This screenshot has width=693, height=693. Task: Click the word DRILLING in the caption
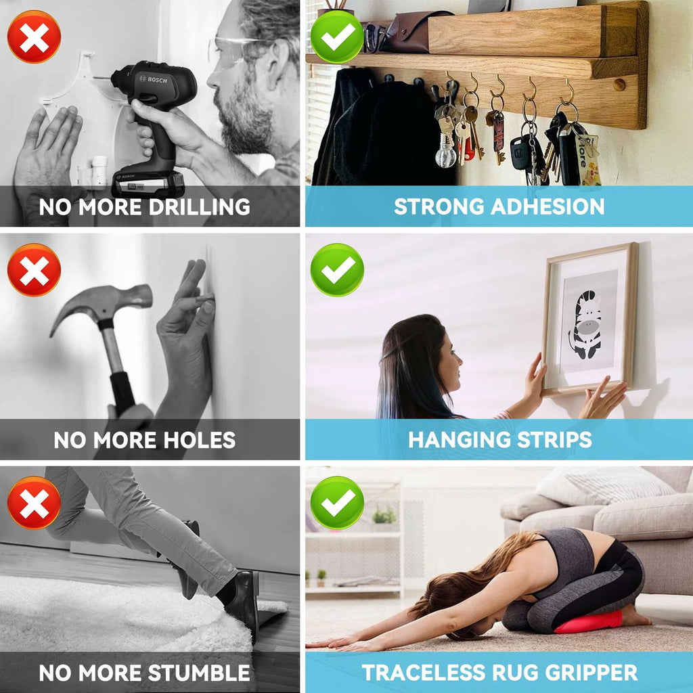coord(200,207)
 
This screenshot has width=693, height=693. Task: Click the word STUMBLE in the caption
coord(198,673)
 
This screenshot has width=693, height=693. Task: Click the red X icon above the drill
coord(34,37)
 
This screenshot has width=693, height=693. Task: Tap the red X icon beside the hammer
coord(34,269)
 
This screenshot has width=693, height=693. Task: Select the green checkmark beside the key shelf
coord(337,37)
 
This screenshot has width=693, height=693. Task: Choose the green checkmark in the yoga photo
coord(337,503)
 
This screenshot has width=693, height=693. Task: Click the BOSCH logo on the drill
coord(154,80)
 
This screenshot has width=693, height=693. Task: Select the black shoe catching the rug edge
coord(243,600)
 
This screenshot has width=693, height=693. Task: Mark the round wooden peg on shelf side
coord(619,84)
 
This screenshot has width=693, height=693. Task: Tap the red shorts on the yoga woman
coord(589,621)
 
